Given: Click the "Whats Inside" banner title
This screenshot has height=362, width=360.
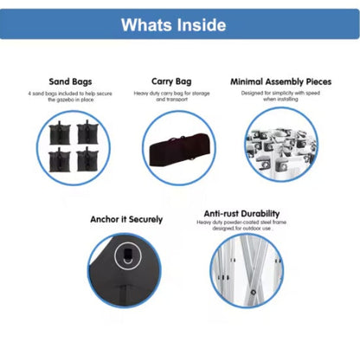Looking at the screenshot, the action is (173, 25).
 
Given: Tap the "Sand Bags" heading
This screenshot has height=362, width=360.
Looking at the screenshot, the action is (70, 81).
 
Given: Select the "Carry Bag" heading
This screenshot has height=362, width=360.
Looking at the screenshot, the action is (171, 81).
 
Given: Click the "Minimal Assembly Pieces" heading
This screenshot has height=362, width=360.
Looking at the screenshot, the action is (280, 81).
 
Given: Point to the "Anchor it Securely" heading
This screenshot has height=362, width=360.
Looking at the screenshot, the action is (126, 219).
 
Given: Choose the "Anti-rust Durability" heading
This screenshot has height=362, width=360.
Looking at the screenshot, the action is (241, 214).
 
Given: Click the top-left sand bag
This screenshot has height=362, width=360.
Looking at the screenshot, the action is (60, 133).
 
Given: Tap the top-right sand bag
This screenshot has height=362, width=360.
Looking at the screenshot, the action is (87, 133).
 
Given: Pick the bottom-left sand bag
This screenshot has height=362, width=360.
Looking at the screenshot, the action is (60, 160).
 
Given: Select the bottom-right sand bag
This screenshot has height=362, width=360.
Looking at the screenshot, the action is (87, 159).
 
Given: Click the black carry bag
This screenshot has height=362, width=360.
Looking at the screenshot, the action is (178, 151).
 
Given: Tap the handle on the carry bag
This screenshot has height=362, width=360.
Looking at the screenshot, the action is (178, 137).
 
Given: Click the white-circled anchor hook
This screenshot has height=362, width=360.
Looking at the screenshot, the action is (128, 255).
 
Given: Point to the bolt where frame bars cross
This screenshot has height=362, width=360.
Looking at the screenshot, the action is (254, 292).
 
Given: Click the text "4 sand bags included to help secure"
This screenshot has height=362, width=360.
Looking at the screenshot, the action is (70, 94).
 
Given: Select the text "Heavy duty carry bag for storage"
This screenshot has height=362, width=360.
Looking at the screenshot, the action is (171, 94).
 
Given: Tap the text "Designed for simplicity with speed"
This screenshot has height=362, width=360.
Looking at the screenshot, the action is (280, 93).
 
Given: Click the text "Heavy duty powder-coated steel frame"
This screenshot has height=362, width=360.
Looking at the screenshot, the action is (241, 222).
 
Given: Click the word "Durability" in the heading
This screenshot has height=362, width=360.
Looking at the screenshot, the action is (260, 214).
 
